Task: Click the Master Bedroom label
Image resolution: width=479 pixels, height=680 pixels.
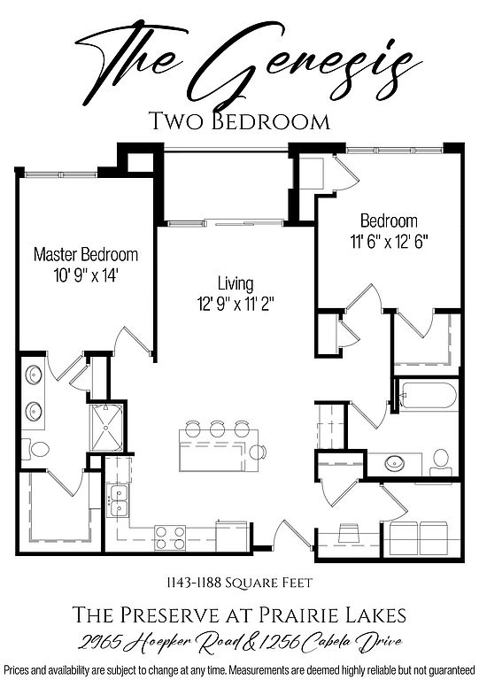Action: coord(86,255)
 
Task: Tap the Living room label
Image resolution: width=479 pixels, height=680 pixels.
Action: coord(236,283)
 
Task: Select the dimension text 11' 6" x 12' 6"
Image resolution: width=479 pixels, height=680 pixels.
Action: coord(390,242)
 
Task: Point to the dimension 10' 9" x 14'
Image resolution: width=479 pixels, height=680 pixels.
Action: coord(86,275)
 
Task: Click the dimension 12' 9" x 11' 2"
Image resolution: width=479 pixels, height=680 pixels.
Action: coord(236,304)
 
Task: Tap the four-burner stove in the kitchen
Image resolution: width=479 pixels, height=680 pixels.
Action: coord(170,537)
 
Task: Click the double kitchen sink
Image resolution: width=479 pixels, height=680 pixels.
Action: coord(118,501)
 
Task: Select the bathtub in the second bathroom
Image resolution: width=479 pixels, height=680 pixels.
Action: coord(427,395)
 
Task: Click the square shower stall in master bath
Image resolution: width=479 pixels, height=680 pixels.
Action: coord(106,428)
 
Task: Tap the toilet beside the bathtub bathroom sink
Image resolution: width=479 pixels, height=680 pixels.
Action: coord(440,463)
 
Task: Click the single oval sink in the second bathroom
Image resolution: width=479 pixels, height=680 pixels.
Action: coord(395,463)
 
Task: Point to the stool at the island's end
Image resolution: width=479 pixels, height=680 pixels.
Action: coord(258,452)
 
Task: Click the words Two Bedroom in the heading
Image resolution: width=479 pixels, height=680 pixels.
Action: coord(239,121)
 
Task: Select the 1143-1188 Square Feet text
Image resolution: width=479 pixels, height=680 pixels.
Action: coord(239,583)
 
